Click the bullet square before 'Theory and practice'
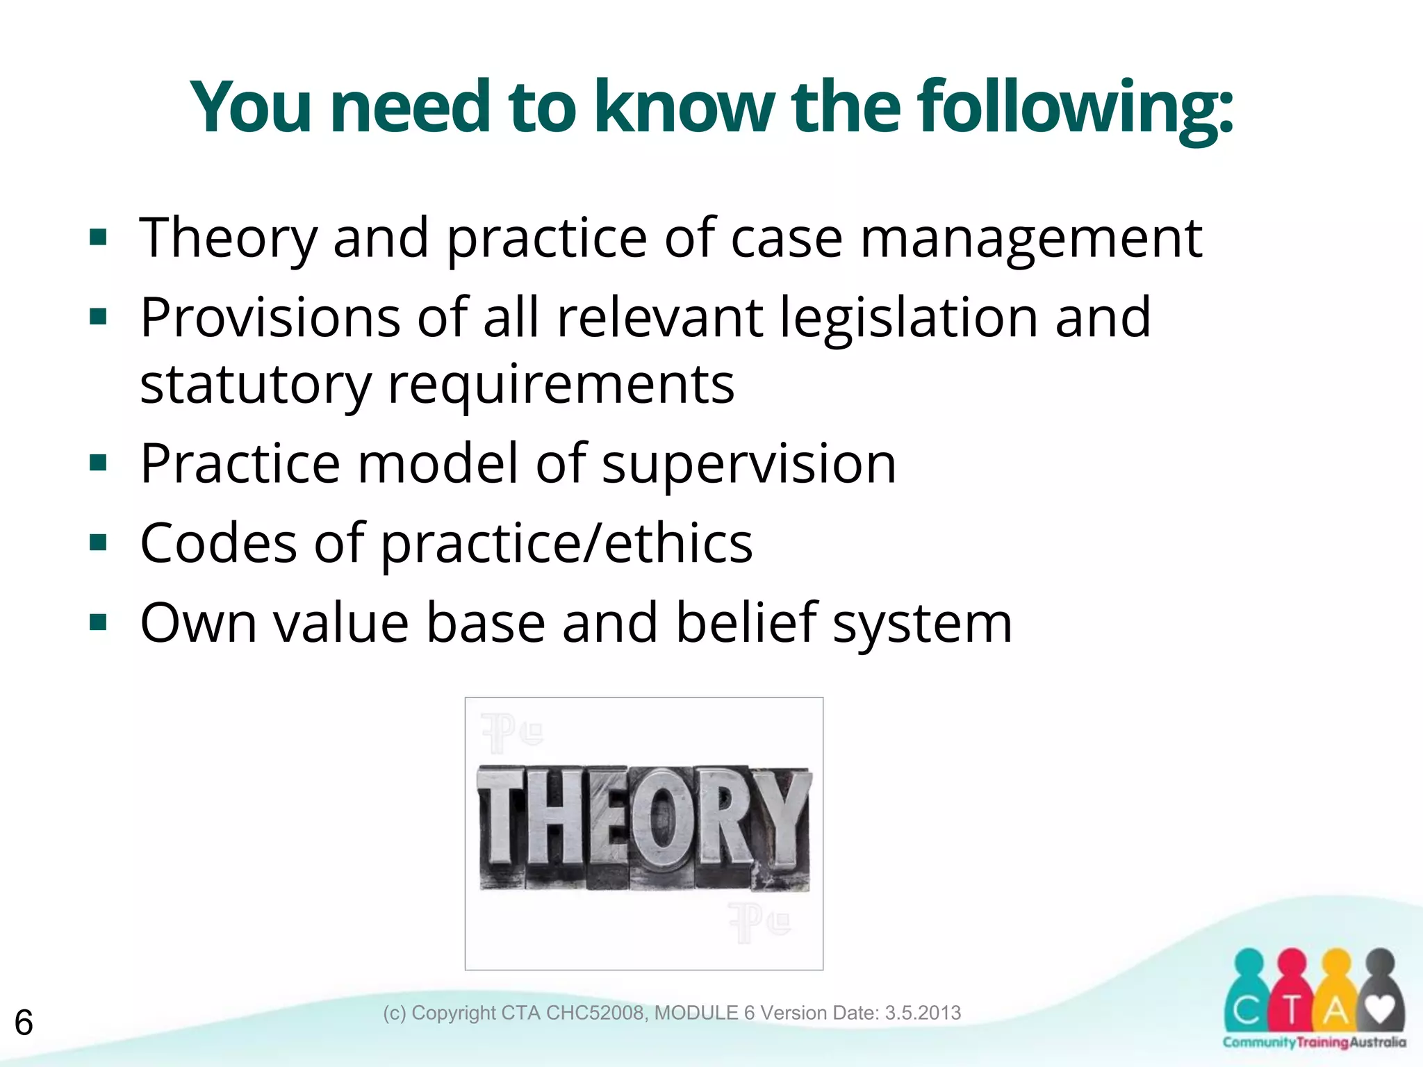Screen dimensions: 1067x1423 (x=99, y=238)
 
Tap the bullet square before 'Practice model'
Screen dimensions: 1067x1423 (x=99, y=463)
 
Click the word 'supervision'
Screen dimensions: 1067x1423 (x=748, y=463)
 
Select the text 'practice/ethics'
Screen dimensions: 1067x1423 (x=566, y=544)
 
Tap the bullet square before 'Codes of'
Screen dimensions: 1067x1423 (x=99, y=543)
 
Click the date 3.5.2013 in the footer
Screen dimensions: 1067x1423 (x=922, y=1013)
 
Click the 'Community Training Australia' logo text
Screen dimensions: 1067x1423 (x=1314, y=1043)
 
